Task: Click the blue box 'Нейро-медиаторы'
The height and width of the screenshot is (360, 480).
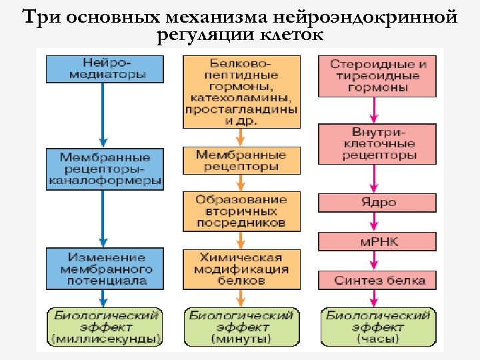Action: pyautogui.click(x=105, y=68)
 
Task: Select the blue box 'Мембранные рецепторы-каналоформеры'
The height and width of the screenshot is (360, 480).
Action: pyautogui.click(x=105, y=169)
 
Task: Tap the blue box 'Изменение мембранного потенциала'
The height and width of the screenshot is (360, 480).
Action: pyautogui.click(x=105, y=269)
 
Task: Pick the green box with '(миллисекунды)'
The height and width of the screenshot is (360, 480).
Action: pyautogui.click(x=105, y=327)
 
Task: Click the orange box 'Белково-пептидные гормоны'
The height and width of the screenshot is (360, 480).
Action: pyautogui.click(x=241, y=91)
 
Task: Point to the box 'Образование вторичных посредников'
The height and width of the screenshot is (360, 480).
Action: pyautogui.click(x=241, y=209)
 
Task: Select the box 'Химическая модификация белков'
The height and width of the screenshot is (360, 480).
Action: pyautogui.click(x=241, y=269)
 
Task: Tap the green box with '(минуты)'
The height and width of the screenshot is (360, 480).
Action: pyautogui.click(x=241, y=327)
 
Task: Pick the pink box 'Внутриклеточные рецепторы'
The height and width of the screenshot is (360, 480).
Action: pyautogui.click(x=377, y=143)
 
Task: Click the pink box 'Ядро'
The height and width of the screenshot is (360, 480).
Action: pyautogui.click(x=377, y=203)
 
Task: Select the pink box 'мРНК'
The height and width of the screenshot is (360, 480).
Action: pyautogui.click(x=377, y=241)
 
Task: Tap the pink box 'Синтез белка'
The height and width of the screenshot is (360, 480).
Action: pyautogui.click(x=377, y=280)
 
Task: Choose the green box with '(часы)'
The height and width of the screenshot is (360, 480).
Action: pyautogui.click(x=377, y=327)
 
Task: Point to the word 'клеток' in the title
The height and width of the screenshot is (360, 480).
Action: pyautogui.click(x=296, y=34)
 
